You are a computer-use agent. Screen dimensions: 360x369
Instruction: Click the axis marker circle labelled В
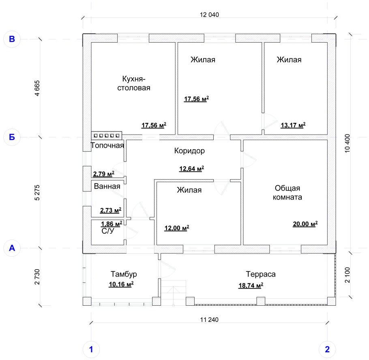click(x=12, y=39)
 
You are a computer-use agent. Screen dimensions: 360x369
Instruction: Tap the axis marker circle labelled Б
click(x=12, y=137)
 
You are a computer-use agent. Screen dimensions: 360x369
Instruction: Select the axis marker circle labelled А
click(x=12, y=248)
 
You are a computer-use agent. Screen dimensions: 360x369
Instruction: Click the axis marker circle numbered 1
click(x=91, y=349)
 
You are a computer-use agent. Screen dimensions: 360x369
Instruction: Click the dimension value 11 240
click(x=209, y=320)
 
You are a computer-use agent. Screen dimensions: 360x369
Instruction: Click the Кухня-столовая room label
click(x=133, y=83)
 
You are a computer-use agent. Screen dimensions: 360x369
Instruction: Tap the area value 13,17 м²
click(x=293, y=125)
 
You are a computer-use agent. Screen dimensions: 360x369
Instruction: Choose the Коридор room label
click(x=189, y=151)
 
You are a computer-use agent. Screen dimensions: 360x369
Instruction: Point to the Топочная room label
click(x=107, y=145)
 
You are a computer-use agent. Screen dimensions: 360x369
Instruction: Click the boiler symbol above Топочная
click(x=107, y=135)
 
